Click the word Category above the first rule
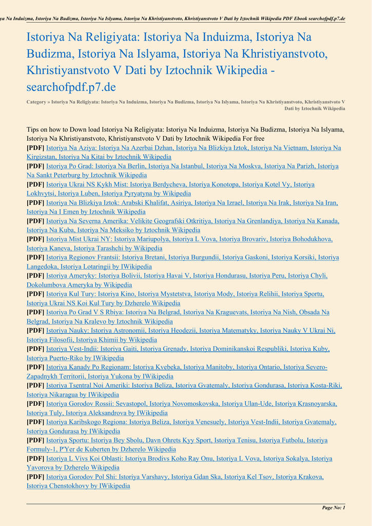coord(36,102)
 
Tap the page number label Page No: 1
coord(334,508)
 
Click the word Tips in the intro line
coord(34,129)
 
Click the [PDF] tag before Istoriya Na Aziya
coord(35,148)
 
